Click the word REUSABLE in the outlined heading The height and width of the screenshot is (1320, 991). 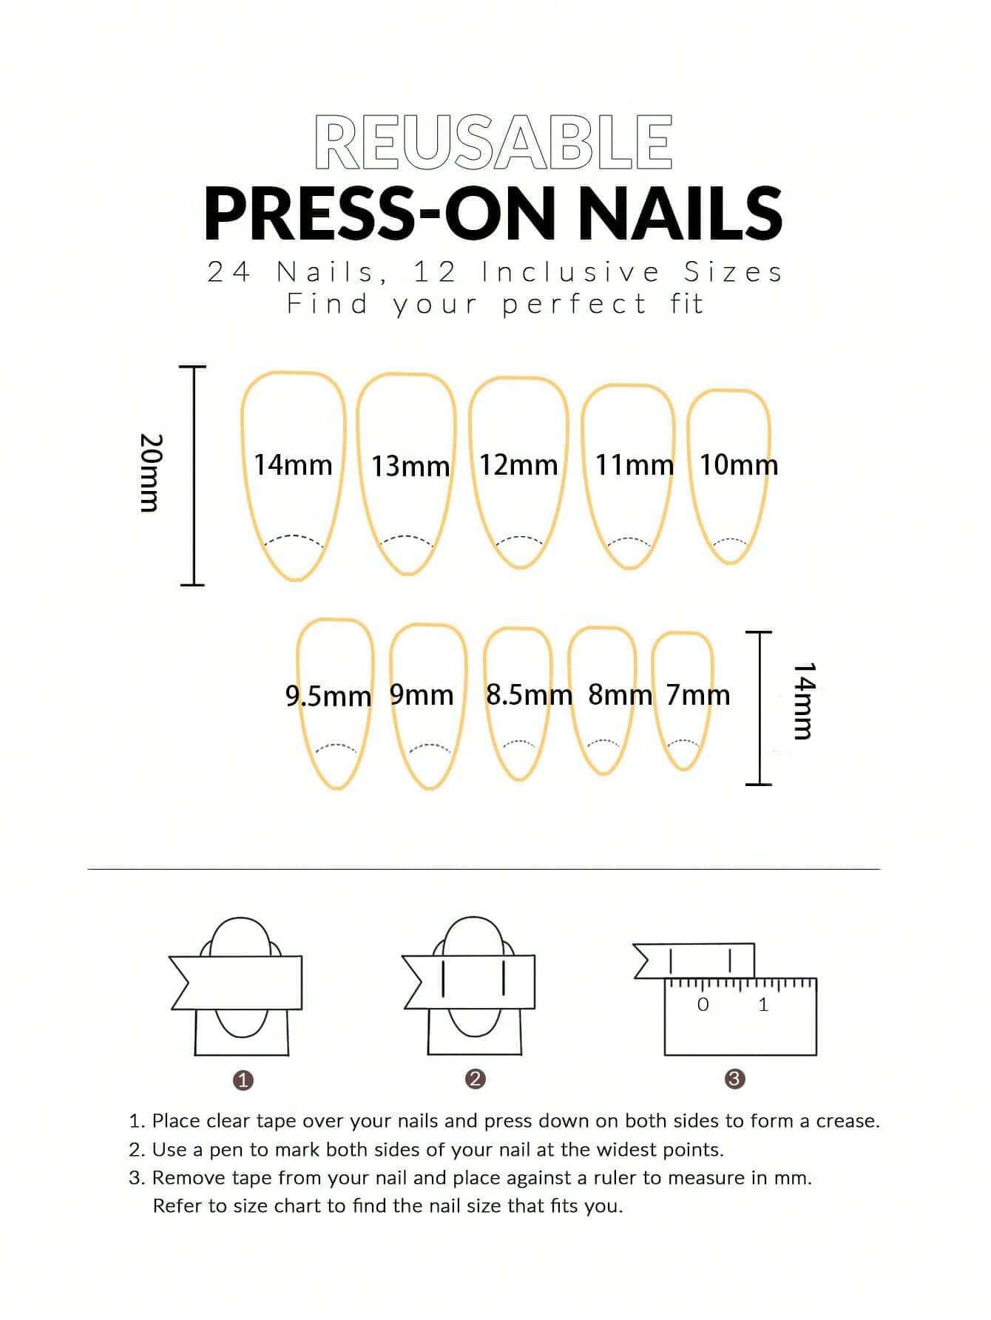click(493, 141)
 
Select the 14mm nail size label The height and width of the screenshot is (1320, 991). click(293, 464)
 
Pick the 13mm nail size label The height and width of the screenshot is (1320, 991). click(410, 466)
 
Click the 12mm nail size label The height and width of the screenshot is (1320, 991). click(518, 464)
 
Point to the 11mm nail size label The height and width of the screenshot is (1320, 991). click(635, 464)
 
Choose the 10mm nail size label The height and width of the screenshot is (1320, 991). click(739, 464)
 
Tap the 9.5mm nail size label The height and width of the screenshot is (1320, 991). click(328, 695)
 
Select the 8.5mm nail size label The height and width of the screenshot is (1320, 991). click(529, 694)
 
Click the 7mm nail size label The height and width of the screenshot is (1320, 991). click(697, 694)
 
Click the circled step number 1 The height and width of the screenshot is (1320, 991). click(243, 1080)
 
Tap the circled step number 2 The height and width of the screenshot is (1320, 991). click(476, 1079)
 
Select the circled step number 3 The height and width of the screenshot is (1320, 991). click(734, 1079)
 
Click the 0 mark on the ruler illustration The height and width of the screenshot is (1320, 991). click(703, 1004)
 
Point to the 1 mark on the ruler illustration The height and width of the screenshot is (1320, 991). click(763, 1004)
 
